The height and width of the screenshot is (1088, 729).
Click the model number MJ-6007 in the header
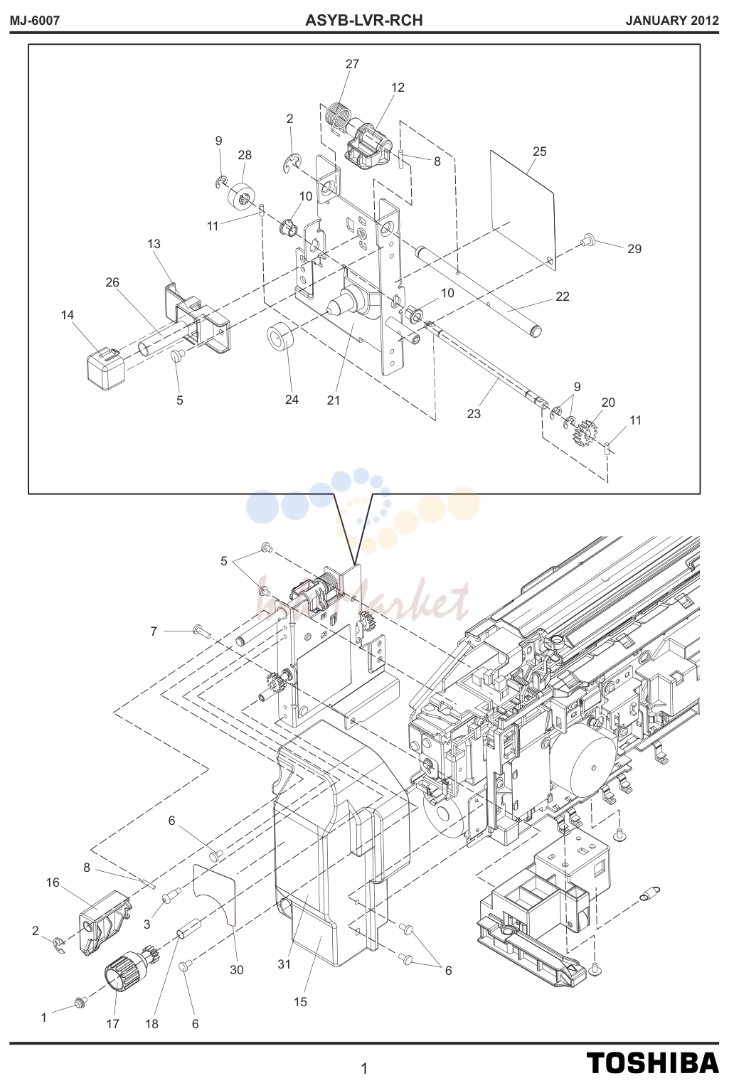[x=35, y=21]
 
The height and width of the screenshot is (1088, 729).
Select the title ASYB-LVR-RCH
[x=364, y=20]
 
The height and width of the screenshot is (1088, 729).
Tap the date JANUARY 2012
[x=672, y=21]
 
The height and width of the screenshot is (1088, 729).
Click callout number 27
[x=352, y=64]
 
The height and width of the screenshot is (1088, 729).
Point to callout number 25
[x=540, y=151]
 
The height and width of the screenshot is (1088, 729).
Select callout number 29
[x=634, y=249]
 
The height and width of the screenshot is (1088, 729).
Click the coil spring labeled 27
[x=337, y=117]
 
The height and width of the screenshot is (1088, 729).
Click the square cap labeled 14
[x=105, y=368]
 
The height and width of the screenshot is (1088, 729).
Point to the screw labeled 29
[x=587, y=238]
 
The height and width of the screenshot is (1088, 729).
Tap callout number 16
[x=53, y=882]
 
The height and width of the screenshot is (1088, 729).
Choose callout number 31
[x=284, y=964]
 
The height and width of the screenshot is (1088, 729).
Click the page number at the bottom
[x=364, y=1069]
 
